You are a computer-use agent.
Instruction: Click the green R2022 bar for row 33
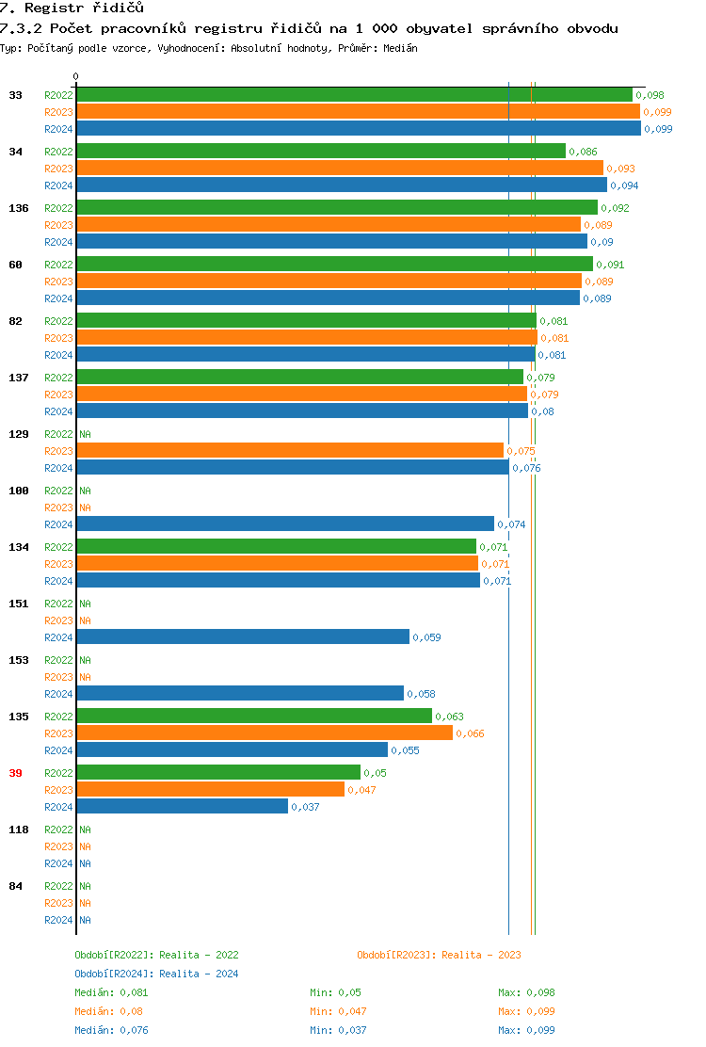(x=354, y=95)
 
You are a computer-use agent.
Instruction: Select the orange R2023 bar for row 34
(x=340, y=169)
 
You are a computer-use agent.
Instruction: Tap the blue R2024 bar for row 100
(x=285, y=524)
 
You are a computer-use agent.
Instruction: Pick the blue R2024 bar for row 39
(x=183, y=807)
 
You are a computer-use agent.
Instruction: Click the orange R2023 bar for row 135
(x=265, y=733)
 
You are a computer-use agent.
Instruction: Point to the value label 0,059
(x=426, y=637)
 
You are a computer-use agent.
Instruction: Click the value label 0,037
(x=305, y=807)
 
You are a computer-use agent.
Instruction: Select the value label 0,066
(x=470, y=733)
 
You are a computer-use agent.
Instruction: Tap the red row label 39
(x=15, y=773)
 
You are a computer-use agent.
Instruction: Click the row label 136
(x=19, y=208)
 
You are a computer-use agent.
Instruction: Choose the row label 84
(x=15, y=886)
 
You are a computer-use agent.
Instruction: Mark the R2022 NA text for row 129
(x=85, y=434)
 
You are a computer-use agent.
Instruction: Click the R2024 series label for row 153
(x=58, y=694)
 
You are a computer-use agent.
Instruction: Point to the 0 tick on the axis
(x=76, y=77)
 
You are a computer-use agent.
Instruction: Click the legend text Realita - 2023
(x=481, y=955)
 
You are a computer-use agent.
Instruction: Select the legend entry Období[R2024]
(x=114, y=974)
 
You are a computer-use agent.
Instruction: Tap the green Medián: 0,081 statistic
(x=111, y=992)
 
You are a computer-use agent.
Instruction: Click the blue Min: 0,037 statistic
(x=336, y=1030)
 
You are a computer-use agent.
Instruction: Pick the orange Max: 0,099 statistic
(x=526, y=1011)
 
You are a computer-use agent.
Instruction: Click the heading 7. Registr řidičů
(x=72, y=8)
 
